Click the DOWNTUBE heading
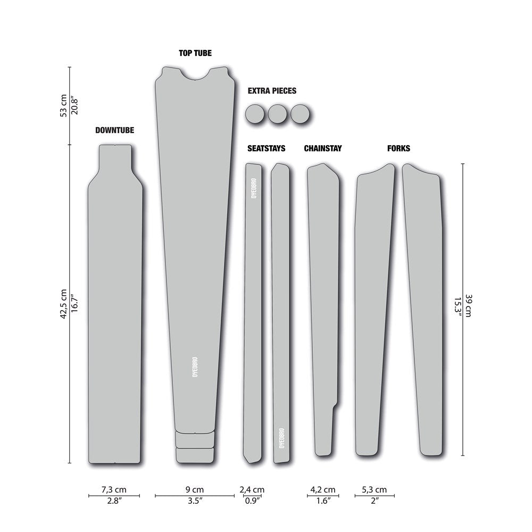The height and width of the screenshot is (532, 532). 115,130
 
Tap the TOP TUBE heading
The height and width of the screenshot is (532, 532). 195,53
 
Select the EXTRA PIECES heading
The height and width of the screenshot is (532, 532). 272,91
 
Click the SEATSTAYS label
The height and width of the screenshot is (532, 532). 267,148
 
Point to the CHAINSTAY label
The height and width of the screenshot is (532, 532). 323,148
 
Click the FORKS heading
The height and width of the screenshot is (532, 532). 398,148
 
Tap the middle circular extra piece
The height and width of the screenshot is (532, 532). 278,114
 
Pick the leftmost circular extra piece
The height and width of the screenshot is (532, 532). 255,114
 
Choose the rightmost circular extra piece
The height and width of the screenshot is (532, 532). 300,114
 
